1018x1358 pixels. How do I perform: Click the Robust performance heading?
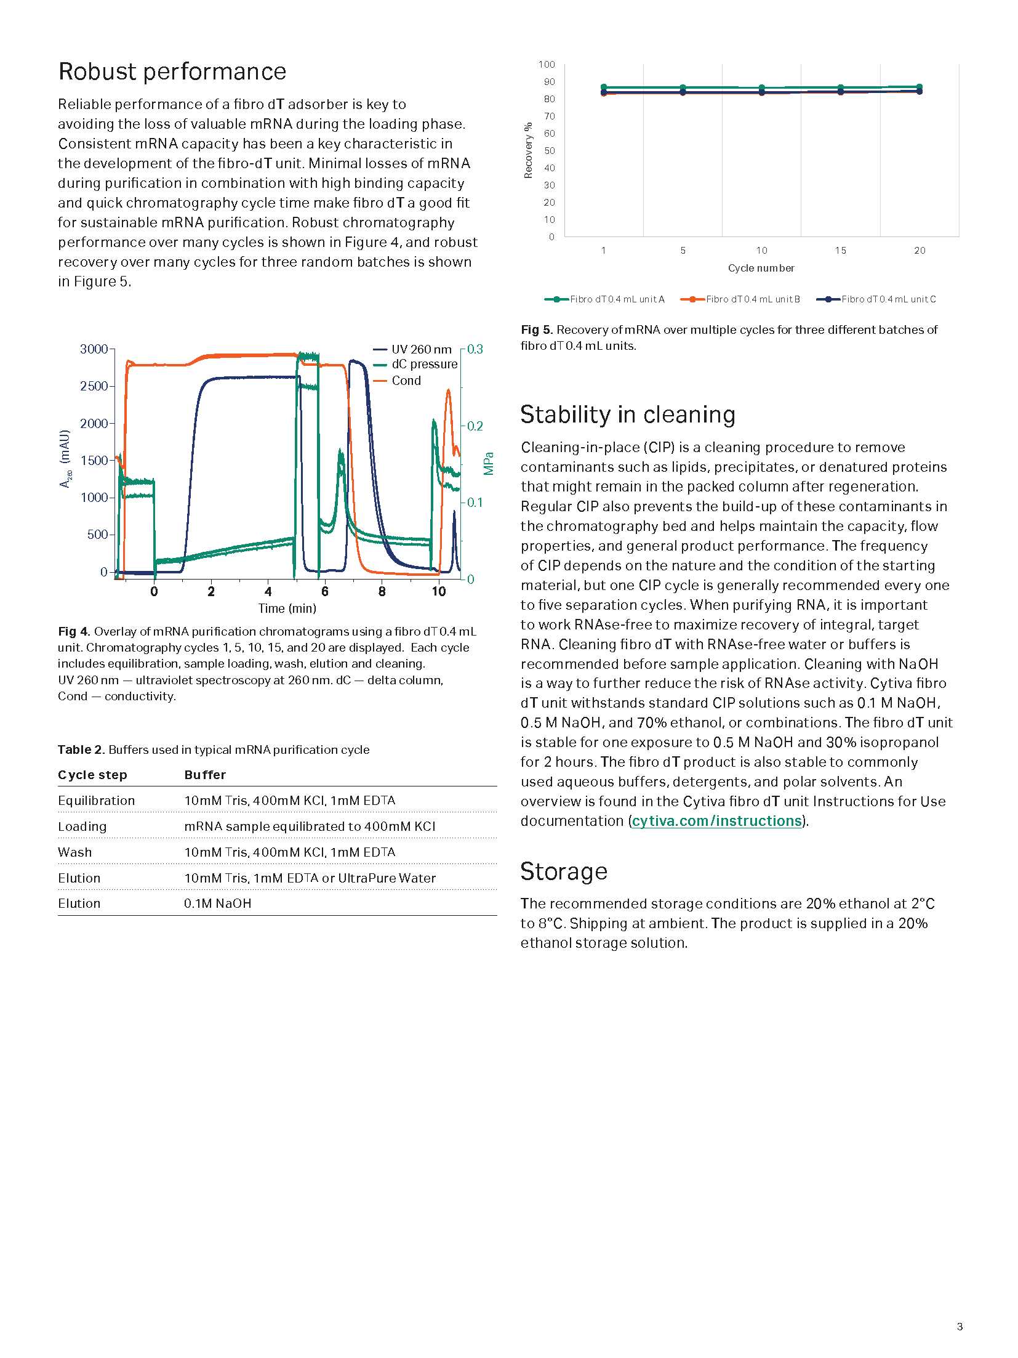tap(172, 72)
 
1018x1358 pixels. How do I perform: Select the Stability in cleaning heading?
tap(627, 414)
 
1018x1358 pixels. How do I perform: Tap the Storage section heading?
tap(563, 871)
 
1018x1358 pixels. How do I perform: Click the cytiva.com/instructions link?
tap(717, 821)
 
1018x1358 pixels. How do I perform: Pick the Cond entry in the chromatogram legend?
tap(406, 381)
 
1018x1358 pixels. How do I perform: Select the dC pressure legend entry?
tap(424, 364)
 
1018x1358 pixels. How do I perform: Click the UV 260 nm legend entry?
tap(421, 349)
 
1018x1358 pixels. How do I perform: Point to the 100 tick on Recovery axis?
tap(547, 65)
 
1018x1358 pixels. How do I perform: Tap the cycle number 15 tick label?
tap(840, 251)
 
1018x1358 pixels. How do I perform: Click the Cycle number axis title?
tap(761, 269)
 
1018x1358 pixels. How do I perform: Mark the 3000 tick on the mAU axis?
tap(94, 349)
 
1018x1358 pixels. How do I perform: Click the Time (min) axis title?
tap(287, 608)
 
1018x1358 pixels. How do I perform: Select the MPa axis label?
tap(489, 464)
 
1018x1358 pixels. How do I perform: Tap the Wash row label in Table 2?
tap(74, 852)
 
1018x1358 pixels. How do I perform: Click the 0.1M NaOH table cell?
tap(217, 903)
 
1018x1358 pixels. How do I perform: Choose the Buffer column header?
tap(205, 775)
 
